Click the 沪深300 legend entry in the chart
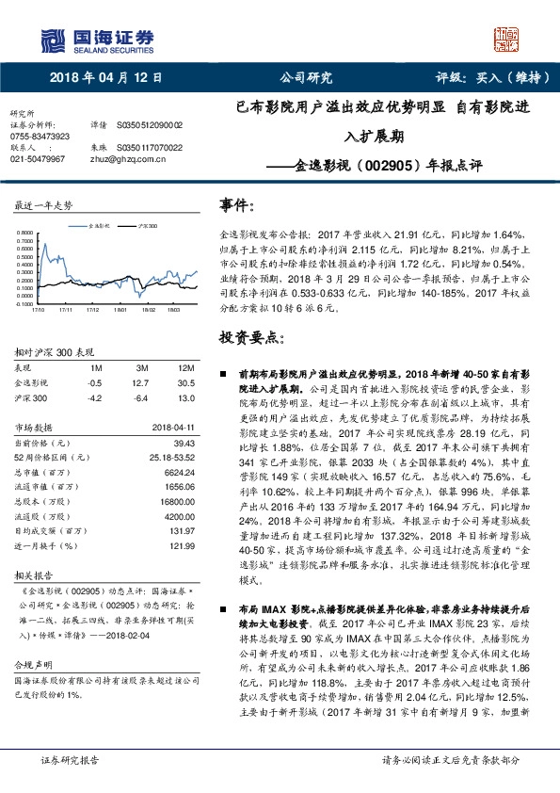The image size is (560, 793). point(147,227)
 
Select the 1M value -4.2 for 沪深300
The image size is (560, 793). point(94,397)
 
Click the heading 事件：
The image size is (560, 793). point(237,204)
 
